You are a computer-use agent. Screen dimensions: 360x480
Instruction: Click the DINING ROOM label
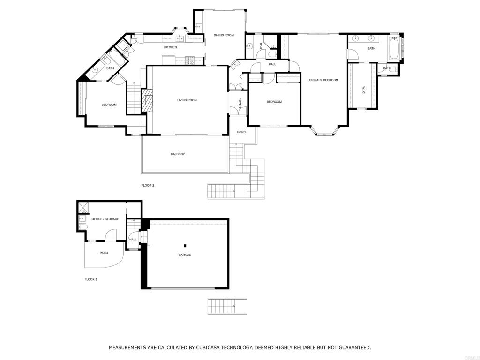click(x=224, y=35)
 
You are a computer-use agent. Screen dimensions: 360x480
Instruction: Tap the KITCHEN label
click(x=170, y=47)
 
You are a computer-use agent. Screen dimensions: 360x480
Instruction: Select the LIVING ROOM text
click(x=187, y=100)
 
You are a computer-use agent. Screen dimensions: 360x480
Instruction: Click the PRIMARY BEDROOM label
click(x=323, y=80)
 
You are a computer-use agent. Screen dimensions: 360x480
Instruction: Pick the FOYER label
click(x=240, y=103)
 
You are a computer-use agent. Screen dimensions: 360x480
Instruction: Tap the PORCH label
click(x=242, y=132)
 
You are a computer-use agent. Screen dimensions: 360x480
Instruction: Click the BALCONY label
click(x=178, y=154)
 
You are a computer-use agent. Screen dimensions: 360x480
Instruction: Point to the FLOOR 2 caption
click(x=148, y=186)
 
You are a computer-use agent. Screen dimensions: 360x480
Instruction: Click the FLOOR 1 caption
click(x=91, y=279)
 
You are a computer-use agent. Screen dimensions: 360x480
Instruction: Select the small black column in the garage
click(x=185, y=246)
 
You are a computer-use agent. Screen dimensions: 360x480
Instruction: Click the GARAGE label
click(x=184, y=255)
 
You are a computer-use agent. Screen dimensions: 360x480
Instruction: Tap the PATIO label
click(x=104, y=253)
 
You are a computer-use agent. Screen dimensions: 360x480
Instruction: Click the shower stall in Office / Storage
click(x=83, y=206)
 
